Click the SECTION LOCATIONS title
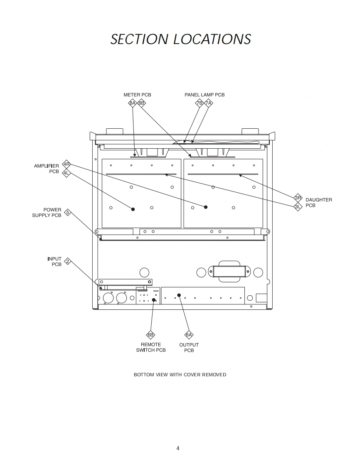pyautogui.click(x=180, y=39)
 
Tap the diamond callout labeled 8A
pyautogui.click(x=132, y=103)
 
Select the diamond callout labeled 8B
pyautogui.click(x=141, y=103)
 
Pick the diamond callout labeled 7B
pyautogui.click(x=199, y=103)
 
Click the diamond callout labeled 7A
pyautogui.click(x=208, y=103)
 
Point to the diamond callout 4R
pyautogui.click(x=67, y=164)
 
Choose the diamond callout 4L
pyautogui.click(x=66, y=173)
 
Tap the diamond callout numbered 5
pyautogui.click(x=68, y=213)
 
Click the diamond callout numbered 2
pyautogui.click(x=68, y=262)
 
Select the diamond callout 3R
pyautogui.click(x=298, y=198)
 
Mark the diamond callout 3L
pyautogui.click(x=298, y=206)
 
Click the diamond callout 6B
pyautogui.click(x=150, y=335)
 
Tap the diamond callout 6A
pyautogui.click(x=189, y=335)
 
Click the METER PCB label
pyautogui.click(x=137, y=95)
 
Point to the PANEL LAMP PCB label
pyautogui.click(x=205, y=95)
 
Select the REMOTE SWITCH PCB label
pyautogui.click(x=150, y=347)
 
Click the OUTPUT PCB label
pyautogui.click(x=189, y=348)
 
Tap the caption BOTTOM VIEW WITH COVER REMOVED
pyautogui.click(x=180, y=375)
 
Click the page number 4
pyautogui.click(x=178, y=448)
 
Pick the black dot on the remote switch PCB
pyautogui.click(x=154, y=300)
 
